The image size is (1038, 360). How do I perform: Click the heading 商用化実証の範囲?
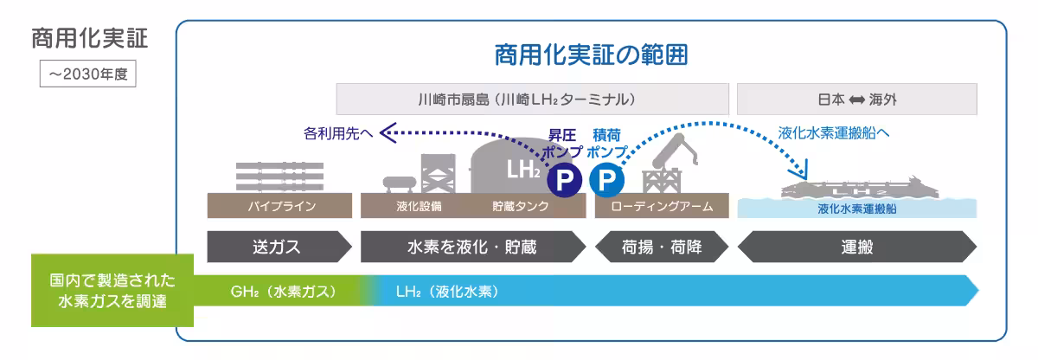[592, 56]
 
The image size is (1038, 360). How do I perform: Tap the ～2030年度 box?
[87, 74]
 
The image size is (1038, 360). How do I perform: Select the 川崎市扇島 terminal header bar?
[531, 99]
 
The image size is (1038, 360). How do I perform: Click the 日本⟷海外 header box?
[856, 99]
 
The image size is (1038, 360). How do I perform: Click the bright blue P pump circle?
[606, 179]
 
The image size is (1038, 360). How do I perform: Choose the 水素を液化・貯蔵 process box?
[471, 247]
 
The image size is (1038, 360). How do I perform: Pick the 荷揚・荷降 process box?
[663, 247]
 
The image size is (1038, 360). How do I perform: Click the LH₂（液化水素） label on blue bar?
[447, 291]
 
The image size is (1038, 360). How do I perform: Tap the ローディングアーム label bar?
[662, 207]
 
